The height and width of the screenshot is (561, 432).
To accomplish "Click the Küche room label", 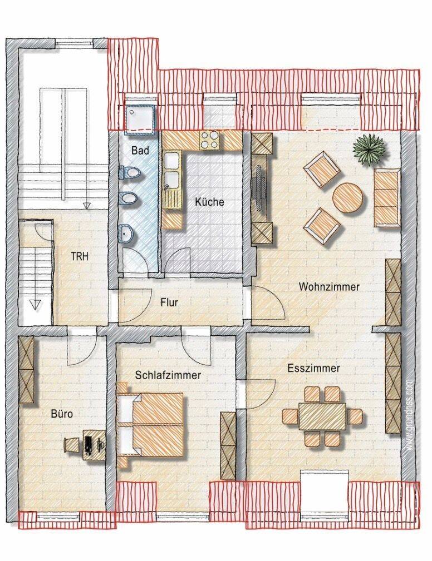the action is (209, 202).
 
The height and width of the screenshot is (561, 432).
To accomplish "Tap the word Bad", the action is (140, 150).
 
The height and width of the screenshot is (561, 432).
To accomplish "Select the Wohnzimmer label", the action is (329, 286).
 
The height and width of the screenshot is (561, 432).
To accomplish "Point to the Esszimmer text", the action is (314, 368).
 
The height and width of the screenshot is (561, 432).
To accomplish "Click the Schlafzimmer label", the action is (168, 375).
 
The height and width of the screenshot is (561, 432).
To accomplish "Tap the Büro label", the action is (62, 414).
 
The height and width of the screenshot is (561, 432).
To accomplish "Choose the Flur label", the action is (169, 302).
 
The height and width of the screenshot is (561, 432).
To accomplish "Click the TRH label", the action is (80, 256).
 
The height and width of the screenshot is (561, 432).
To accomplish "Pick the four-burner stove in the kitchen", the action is (210, 140).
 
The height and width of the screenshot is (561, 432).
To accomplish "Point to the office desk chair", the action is (71, 444).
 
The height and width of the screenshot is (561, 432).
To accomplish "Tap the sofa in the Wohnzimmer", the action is (387, 198).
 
